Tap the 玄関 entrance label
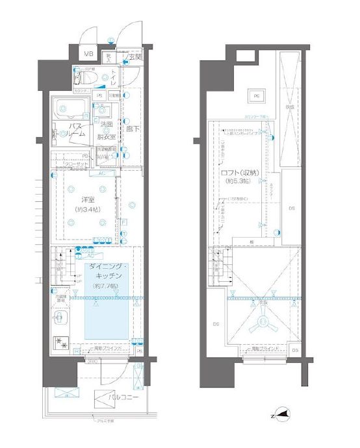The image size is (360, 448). point(135,58)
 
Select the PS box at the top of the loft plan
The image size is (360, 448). point(255,97)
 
